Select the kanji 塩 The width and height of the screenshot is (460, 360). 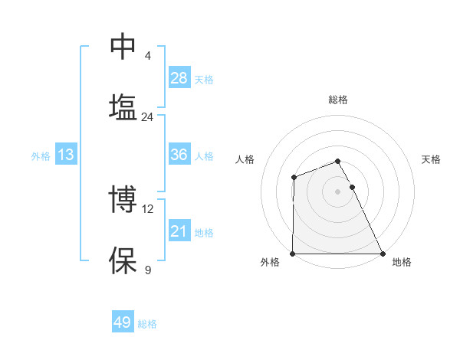tap(123, 106)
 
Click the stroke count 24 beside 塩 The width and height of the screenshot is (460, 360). tap(147, 117)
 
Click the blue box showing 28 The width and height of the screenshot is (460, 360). tap(179, 78)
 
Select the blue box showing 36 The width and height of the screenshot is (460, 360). tap(179, 155)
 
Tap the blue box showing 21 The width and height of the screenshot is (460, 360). tap(179, 231)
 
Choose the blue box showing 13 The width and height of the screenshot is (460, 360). tap(66, 155)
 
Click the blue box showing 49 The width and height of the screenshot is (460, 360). tap(123, 322)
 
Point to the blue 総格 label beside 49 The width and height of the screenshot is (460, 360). tap(147, 324)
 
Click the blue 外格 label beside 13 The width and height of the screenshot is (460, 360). tap(41, 156)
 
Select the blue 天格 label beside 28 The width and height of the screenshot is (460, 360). tap(204, 80)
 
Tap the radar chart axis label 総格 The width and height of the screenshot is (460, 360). tap(338, 100)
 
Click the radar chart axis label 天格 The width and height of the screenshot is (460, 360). tap(432, 159)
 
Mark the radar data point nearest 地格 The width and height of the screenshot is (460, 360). tap(383, 254)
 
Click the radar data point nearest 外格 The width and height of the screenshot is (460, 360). tap(293, 254)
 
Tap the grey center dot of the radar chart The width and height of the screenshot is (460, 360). tap(338, 191)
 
